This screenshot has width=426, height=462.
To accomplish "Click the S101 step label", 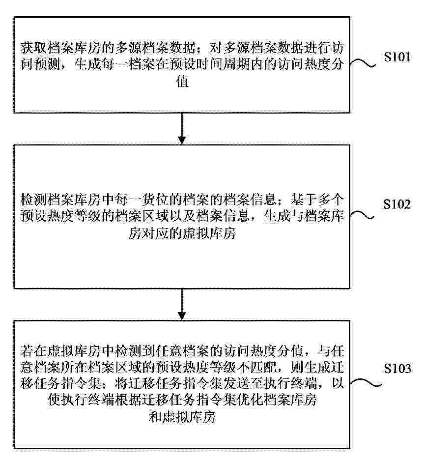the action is tap(397, 57).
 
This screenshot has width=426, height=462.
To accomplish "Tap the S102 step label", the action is tap(397, 204).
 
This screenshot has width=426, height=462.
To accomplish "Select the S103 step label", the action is tap(398, 368).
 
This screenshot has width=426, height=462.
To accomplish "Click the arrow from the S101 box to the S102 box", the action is tap(182, 128).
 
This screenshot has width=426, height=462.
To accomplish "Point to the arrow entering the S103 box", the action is tap(182, 304).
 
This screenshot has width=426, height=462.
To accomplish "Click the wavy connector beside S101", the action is tap(363, 63).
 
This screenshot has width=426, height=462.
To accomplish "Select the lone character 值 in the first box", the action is tap(182, 81).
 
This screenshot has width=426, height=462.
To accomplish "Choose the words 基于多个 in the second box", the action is tap(316, 200).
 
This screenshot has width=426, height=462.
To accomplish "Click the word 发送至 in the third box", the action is tap(229, 384).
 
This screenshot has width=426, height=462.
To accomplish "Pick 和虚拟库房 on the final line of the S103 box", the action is tap(182, 417).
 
